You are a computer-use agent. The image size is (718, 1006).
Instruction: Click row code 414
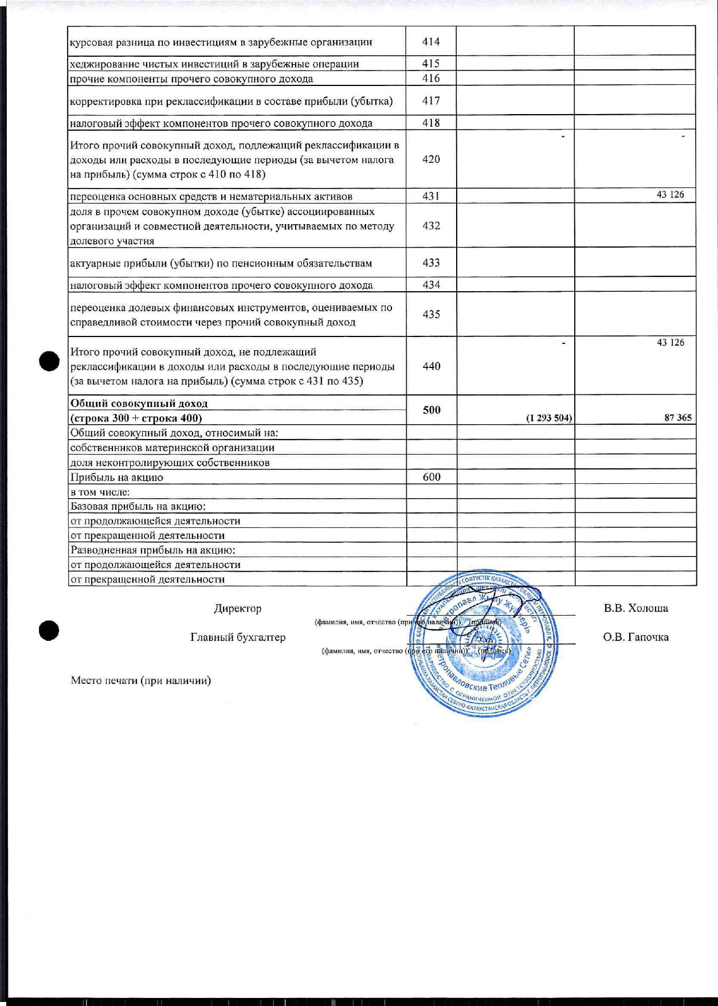431,42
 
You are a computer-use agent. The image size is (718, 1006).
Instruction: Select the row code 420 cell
431,159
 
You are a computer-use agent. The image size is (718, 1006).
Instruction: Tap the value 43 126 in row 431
670,195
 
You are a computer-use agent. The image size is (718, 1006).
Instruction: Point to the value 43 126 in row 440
670,343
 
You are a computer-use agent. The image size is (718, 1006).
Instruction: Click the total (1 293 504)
548,418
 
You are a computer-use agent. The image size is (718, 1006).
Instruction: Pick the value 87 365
678,418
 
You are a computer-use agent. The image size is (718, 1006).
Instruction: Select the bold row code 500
431,410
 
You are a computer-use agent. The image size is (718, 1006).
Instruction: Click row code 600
431,477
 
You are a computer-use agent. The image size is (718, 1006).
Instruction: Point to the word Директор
238,609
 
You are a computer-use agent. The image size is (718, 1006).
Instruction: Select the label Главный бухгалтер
238,637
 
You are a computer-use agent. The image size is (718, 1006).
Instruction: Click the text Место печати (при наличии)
141,681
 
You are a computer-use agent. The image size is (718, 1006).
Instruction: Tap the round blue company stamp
485,645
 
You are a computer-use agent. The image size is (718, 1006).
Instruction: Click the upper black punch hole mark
49,361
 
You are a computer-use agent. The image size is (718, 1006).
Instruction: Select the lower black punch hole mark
49,630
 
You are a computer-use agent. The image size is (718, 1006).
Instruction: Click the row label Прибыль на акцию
117,477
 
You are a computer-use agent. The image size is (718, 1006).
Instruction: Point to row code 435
431,314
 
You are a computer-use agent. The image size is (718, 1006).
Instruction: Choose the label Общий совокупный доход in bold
139,404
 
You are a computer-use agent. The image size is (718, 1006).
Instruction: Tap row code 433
431,263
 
